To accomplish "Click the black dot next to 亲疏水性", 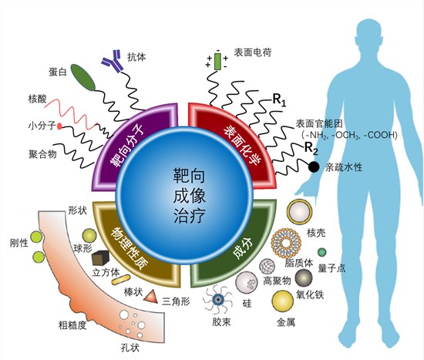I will point(314,167).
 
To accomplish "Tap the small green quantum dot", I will point(321,252).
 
